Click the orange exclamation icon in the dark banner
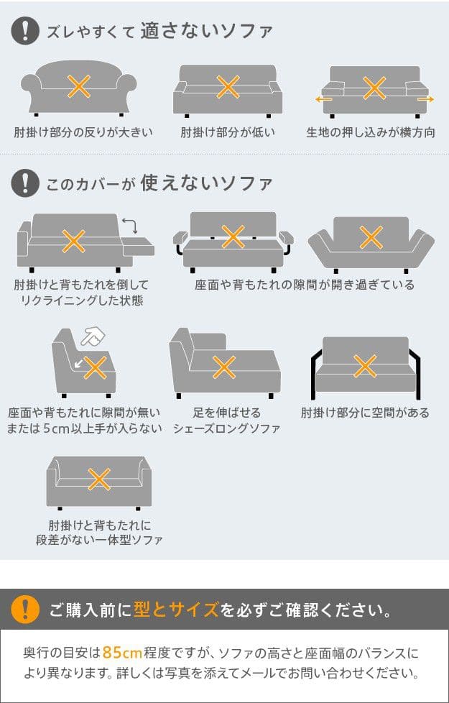click(x=26, y=610)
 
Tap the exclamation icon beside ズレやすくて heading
click(x=26, y=31)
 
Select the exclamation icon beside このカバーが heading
click(x=26, y=183)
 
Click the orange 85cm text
click(x=122, y=653)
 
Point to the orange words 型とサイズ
click(x=176, y=610)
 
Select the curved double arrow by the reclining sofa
click(x=130, y=225)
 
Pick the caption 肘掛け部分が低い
click(x=228, y=133)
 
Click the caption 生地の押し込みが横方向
click(x=371, y=133)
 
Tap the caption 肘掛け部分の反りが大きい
click(x=83, y=133)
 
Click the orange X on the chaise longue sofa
click(x=223, y=367)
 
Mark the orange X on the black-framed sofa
click(x=365, y=366)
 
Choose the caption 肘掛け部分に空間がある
click(x=365, y=413)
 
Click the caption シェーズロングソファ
click(x=227, y=428)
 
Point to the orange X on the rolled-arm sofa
click(x=79, y=86)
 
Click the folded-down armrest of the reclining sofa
click(x=139, y=247)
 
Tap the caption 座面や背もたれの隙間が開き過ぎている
click(x=305, y=285)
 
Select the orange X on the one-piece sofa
click(x=99, y=479)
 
